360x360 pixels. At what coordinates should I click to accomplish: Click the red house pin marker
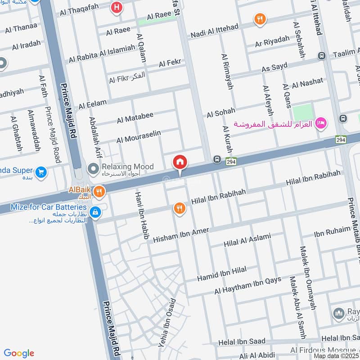(x=180, y=162)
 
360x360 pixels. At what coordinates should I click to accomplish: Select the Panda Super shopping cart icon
(x=41, y=172)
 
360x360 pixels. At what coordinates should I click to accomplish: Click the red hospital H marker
(x=117, y=7)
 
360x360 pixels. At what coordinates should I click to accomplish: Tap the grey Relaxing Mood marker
(x=94, y=169)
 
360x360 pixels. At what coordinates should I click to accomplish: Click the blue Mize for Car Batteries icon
(x=95, y=211)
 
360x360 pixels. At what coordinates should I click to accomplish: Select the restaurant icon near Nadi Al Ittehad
(x=260, y=19)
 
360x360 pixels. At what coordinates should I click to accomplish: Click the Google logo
(x=19, y=353)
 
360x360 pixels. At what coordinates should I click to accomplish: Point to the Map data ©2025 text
(x=336, y=356)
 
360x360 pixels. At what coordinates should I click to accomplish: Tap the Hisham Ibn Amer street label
(x=181, y=235)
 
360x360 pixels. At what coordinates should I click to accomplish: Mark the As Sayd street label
(x=274, y=68)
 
